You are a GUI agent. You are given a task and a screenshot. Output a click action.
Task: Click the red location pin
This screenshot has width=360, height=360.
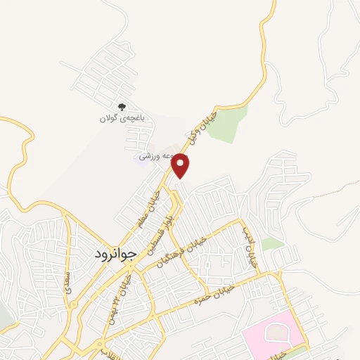tap(181, 165)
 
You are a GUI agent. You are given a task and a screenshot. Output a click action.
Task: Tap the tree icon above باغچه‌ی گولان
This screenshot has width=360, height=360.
tap(122, 107)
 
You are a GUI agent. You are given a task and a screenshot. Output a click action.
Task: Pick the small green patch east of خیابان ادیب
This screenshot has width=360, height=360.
tap(273, 244)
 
